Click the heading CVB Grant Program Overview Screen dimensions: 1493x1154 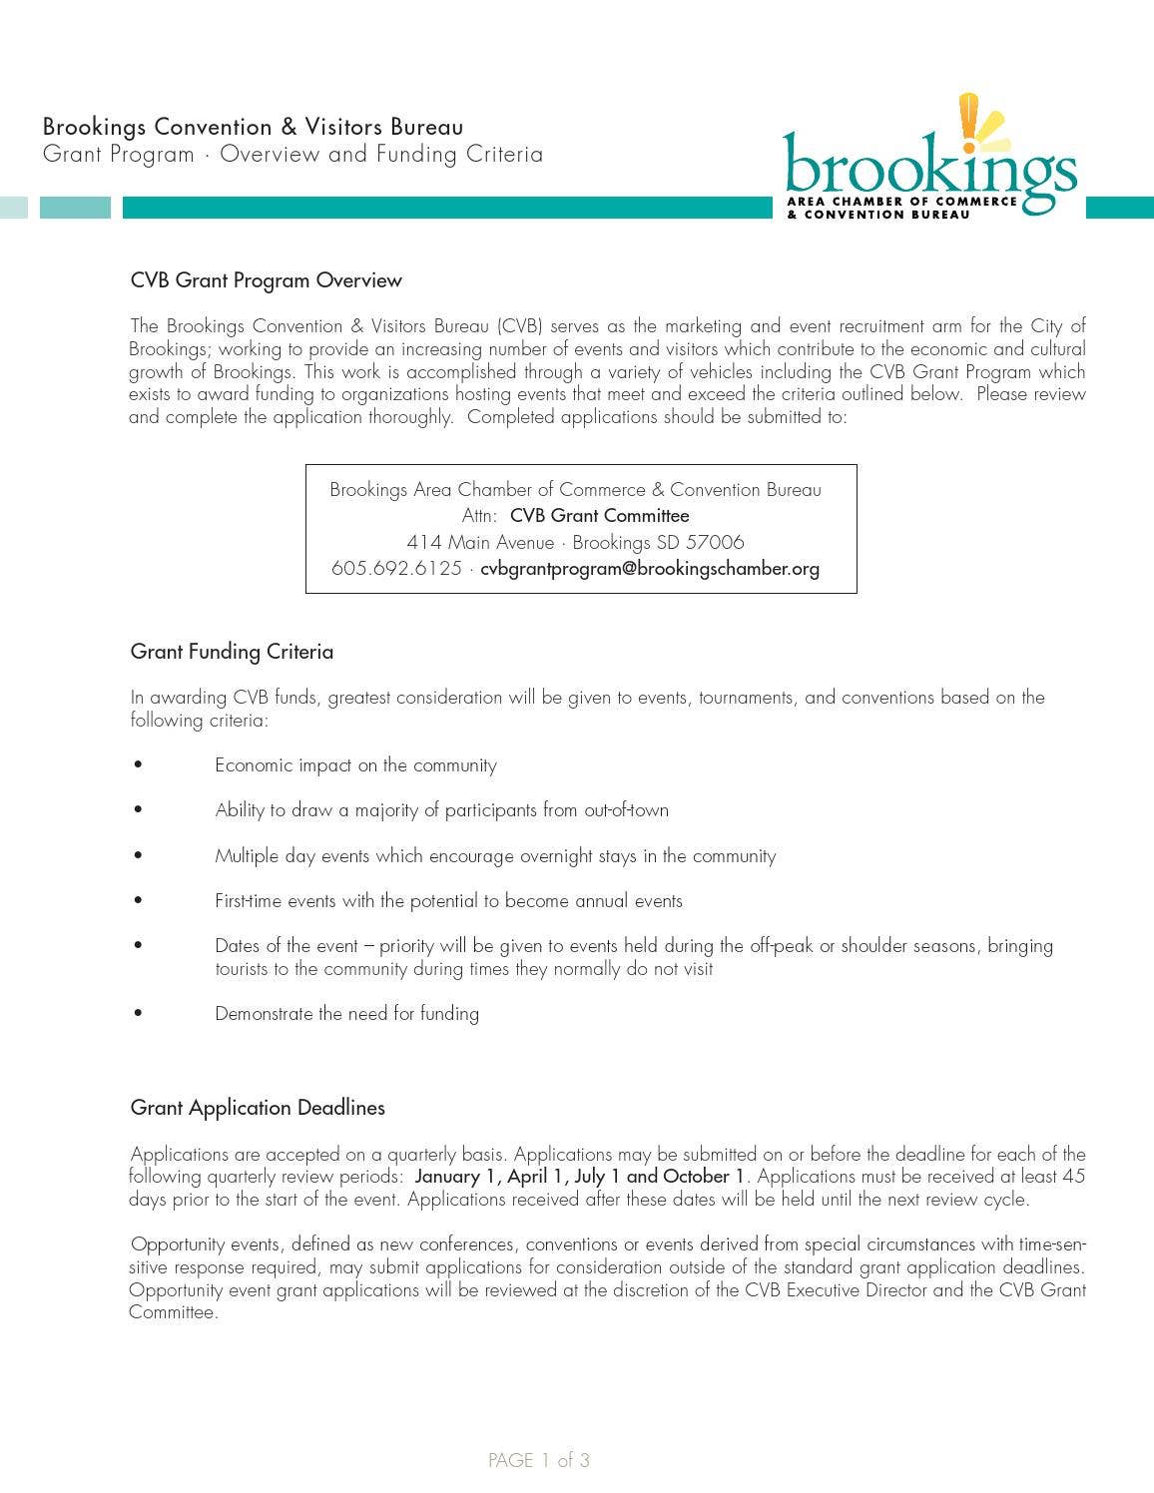[x=266, y=280]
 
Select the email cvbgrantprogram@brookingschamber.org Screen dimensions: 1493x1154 [x=650, y=569]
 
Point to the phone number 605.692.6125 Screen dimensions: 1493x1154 [x=396, y=569]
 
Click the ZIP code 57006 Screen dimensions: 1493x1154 [x=715, y=543]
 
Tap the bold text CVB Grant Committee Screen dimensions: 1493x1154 [x=599, y=516]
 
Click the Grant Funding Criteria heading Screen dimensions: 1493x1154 [x=232, y=652]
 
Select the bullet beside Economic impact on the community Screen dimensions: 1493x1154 [x=138, y=765]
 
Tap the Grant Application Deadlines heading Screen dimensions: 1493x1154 [x=258, y=1108]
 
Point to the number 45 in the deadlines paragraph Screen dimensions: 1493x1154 [x=1073, y=1177]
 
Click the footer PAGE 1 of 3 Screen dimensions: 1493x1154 [x=539, y=1461]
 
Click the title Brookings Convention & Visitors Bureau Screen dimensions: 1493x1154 [x=253, y=127]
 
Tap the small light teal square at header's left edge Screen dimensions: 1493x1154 [x=13, y=208]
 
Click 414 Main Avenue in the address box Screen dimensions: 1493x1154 [x=480, y=543]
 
